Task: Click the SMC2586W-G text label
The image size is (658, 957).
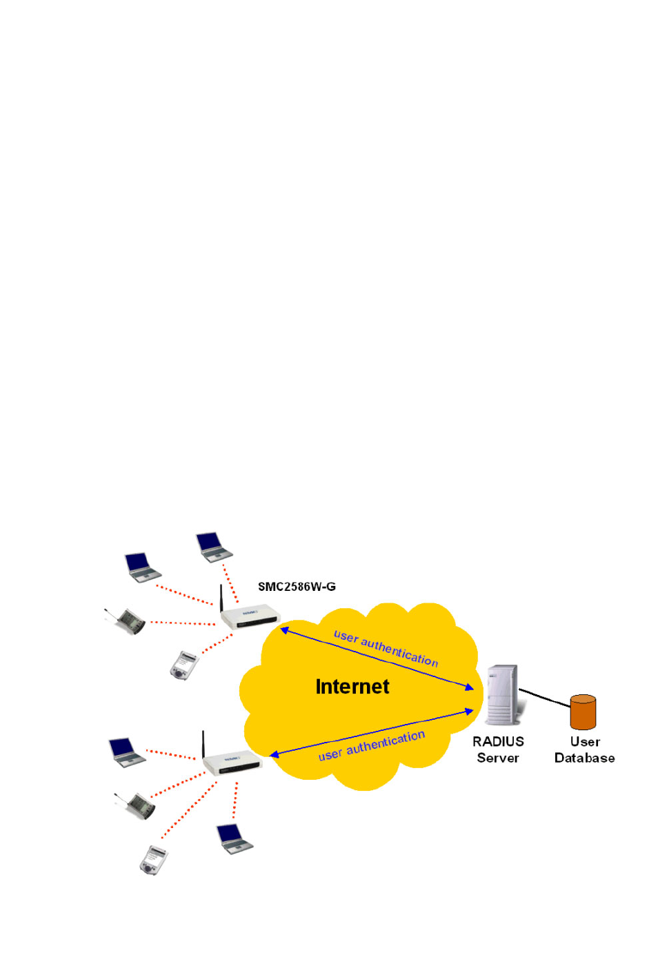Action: (297, 587)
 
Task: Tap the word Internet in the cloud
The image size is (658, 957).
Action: (352, 687)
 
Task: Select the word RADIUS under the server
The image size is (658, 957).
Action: (498, 741)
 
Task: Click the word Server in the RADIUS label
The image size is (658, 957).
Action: (498, 758)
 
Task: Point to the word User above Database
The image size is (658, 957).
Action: (585, 741)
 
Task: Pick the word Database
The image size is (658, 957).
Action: (584, 758)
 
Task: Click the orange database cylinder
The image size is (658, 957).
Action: (583, 712)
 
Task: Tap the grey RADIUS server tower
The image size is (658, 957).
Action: (503, 695)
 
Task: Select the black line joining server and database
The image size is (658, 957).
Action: (545, 698)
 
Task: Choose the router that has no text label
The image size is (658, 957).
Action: (232, 762)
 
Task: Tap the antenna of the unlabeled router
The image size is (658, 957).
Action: (203, 744)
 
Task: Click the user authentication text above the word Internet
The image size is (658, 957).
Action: (386, 649)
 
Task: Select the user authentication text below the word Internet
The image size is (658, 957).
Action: (371, 746)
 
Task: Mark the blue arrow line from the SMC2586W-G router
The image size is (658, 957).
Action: (377, 658)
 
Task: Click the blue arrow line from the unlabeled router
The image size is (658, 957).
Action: (372, 733)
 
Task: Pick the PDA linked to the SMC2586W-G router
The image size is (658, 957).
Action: (185, 665)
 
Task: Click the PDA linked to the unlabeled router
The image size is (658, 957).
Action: (154, 860)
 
